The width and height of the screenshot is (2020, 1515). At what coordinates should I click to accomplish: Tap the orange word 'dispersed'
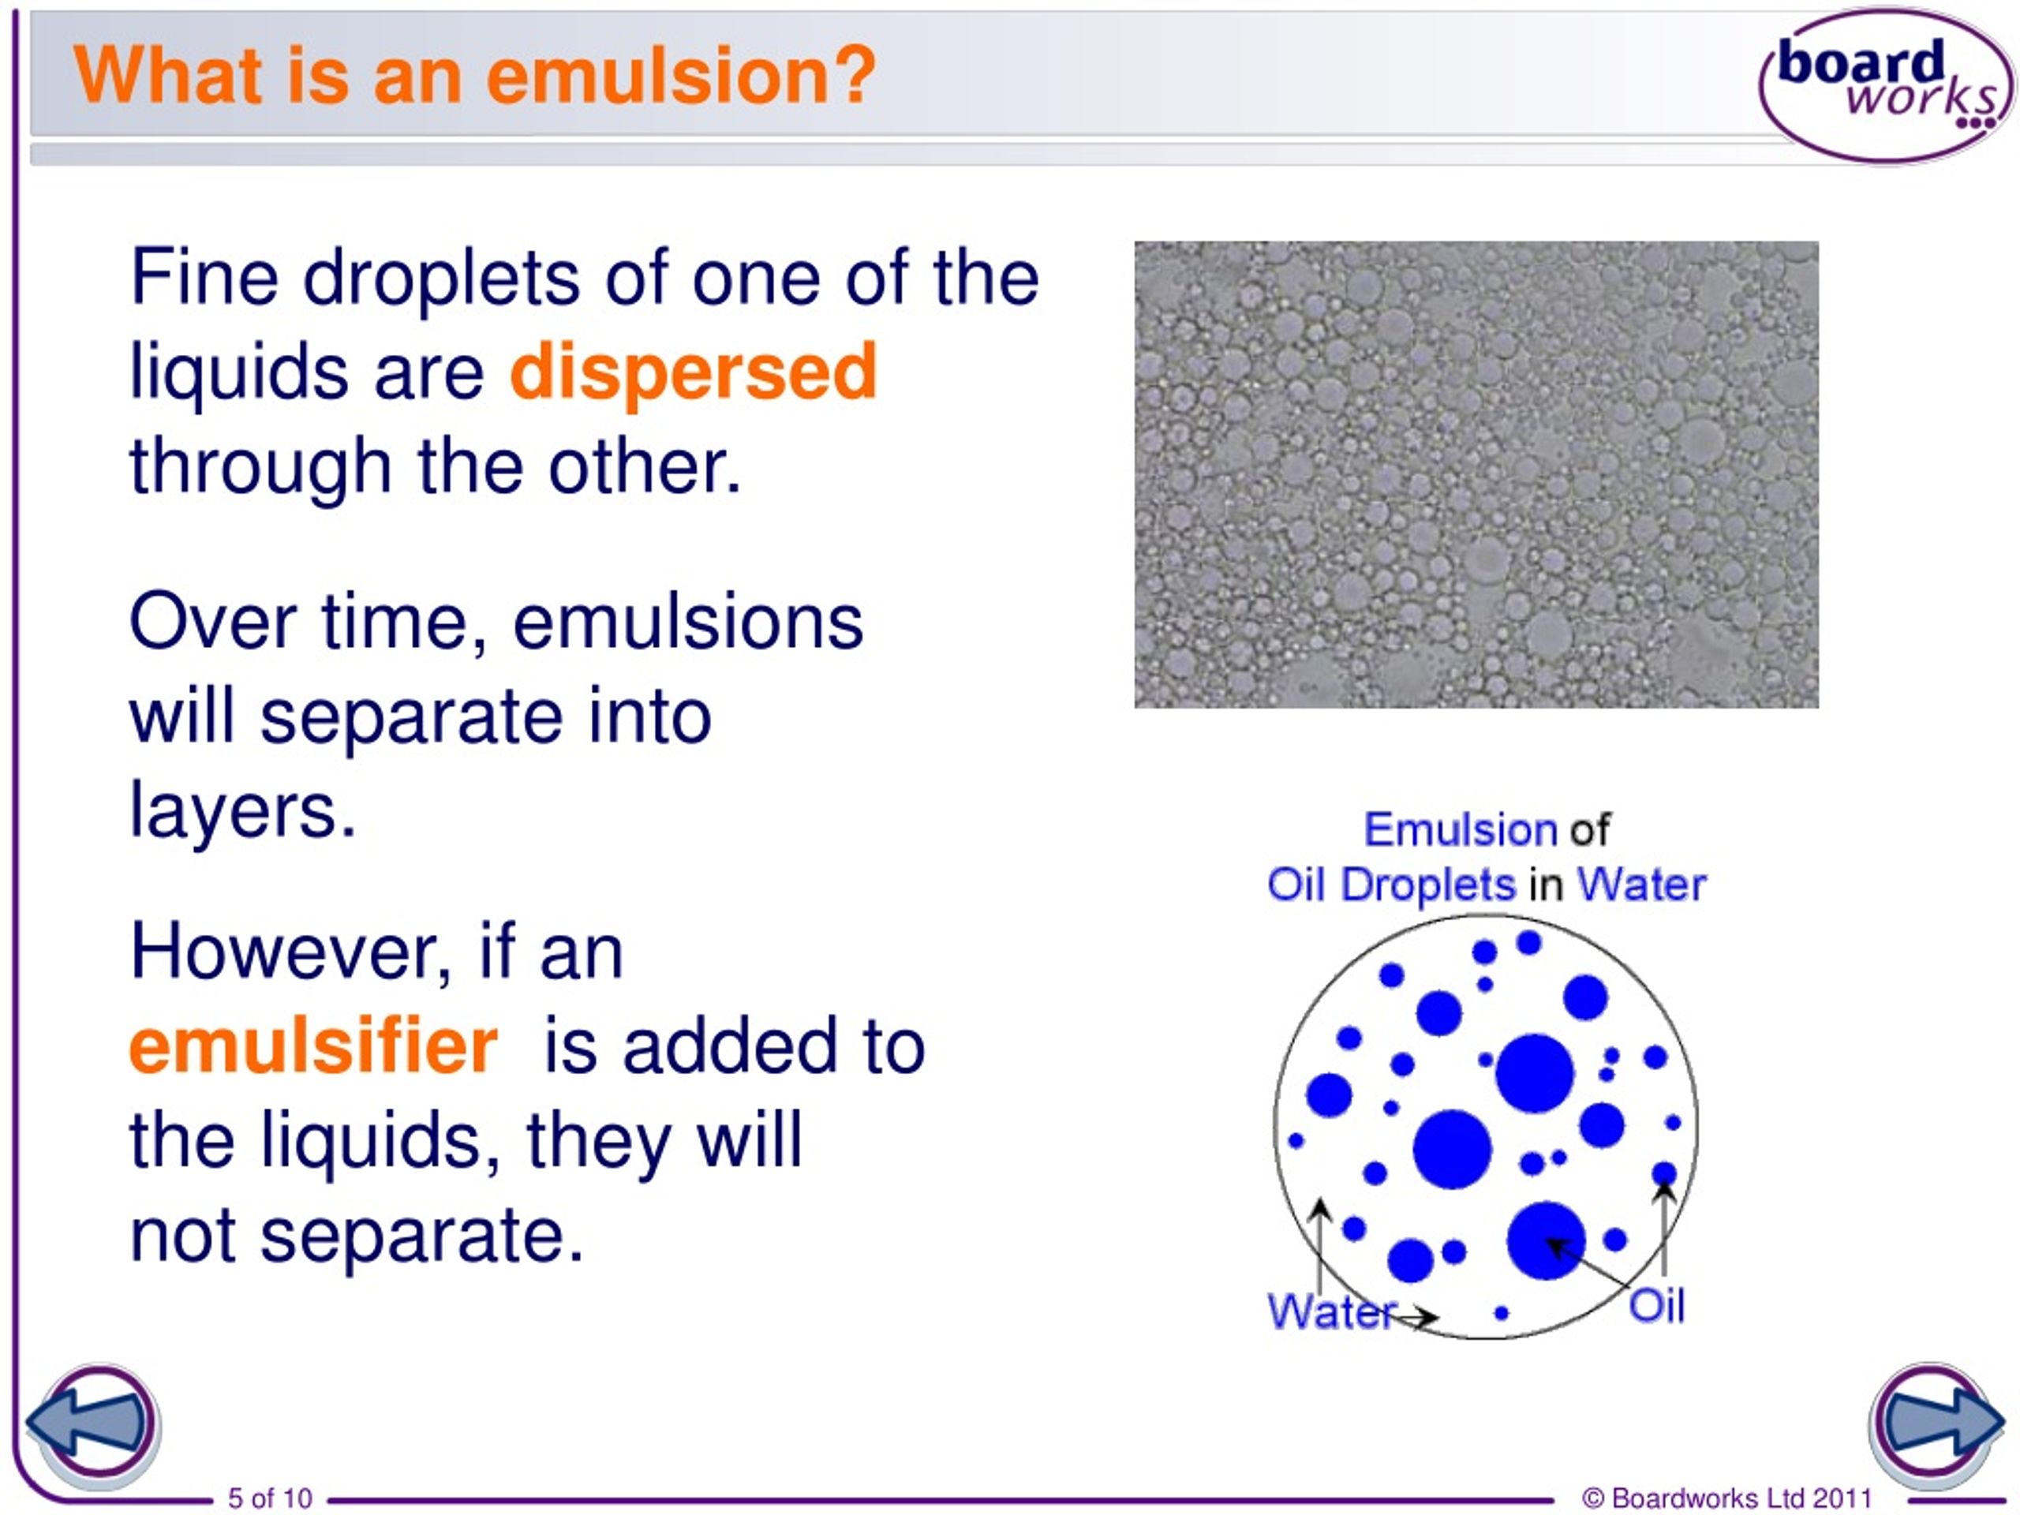(x=693, y=372)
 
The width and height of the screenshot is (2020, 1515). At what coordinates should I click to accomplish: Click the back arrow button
(x=93, y=1423)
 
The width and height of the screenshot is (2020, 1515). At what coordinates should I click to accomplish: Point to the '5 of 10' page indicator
(x=269, y=1498)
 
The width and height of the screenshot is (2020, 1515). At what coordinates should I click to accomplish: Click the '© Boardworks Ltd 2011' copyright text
(x=1726, y=1498)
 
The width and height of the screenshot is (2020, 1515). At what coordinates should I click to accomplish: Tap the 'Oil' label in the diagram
(x=1656, y=1305)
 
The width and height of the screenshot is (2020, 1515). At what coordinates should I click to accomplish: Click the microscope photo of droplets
(x=1476, y=474)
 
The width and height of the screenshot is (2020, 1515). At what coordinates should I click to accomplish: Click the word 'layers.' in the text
(x=243, y=809)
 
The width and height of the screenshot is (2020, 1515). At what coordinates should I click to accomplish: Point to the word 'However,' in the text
(x=290, y=952)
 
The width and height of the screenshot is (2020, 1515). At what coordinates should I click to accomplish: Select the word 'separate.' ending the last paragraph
(x=421, y=1236)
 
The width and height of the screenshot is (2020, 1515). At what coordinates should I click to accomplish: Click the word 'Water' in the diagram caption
(x=1641, y=884)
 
